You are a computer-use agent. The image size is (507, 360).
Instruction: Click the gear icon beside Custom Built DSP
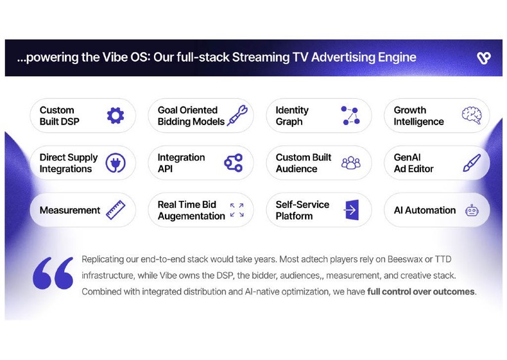[116, 116]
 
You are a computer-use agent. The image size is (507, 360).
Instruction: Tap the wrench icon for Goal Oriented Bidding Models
[237, 116]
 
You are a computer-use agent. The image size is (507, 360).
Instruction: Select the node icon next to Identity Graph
[350, 116]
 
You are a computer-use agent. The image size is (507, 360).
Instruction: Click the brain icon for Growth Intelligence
[472, 116]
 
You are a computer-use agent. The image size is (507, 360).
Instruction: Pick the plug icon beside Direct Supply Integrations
[116, 163]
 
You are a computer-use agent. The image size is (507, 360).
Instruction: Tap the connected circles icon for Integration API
[234, 163]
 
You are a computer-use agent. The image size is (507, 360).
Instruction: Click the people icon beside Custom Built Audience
[351, 163]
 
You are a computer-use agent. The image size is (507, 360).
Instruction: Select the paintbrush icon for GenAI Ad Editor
[472, 163]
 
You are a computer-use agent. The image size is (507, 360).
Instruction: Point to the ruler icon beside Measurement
[116, 210]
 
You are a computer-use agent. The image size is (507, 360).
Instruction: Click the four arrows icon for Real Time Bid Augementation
[237, 210]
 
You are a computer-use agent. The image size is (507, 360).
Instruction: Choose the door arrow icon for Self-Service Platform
[351, 210]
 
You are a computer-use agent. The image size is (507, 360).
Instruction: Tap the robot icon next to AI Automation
[472, 210]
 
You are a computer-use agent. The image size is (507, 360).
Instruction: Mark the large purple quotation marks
[53, 273]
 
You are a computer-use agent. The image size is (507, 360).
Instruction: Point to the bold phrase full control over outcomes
[421, 292]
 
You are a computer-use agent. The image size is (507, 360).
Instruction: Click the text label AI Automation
[424, 210]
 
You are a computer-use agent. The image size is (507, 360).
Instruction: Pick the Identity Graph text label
[292, 116]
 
